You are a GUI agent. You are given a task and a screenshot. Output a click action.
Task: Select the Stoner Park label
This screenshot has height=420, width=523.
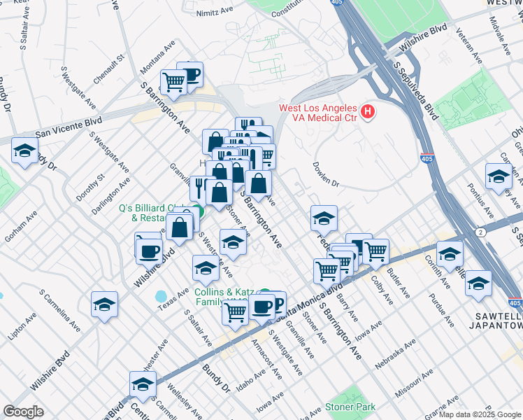coord(350,407)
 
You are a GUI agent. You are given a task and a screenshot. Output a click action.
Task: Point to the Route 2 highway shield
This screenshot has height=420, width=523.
coord(480,232)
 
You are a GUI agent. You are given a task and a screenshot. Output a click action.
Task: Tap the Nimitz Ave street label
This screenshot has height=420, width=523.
coord(214,11)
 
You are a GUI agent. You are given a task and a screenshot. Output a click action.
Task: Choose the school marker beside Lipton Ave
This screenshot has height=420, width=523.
coord(104,304)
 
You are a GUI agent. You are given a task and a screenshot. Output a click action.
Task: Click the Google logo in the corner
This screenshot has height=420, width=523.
coord(23,412)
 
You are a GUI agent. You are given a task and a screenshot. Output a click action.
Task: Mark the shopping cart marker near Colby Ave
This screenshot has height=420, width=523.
coord(376,250)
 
